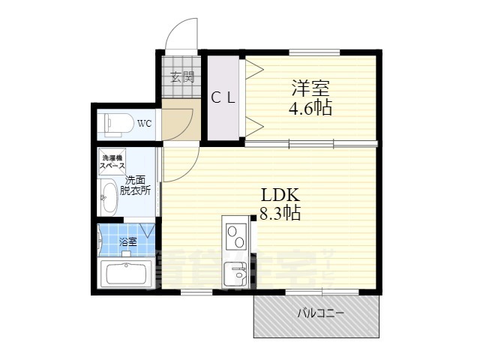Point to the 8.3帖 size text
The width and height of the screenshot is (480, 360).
[279, 214]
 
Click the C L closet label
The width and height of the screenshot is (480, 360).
[223, 97]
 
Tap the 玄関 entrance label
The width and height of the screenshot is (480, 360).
[181, 76]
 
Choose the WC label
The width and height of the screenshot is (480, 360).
[145, 123]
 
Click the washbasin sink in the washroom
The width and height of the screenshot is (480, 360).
[109, 196]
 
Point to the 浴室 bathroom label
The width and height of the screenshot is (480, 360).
[128, 241]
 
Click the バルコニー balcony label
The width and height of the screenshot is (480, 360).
[320, 313]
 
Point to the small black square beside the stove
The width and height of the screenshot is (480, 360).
[253, 218]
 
